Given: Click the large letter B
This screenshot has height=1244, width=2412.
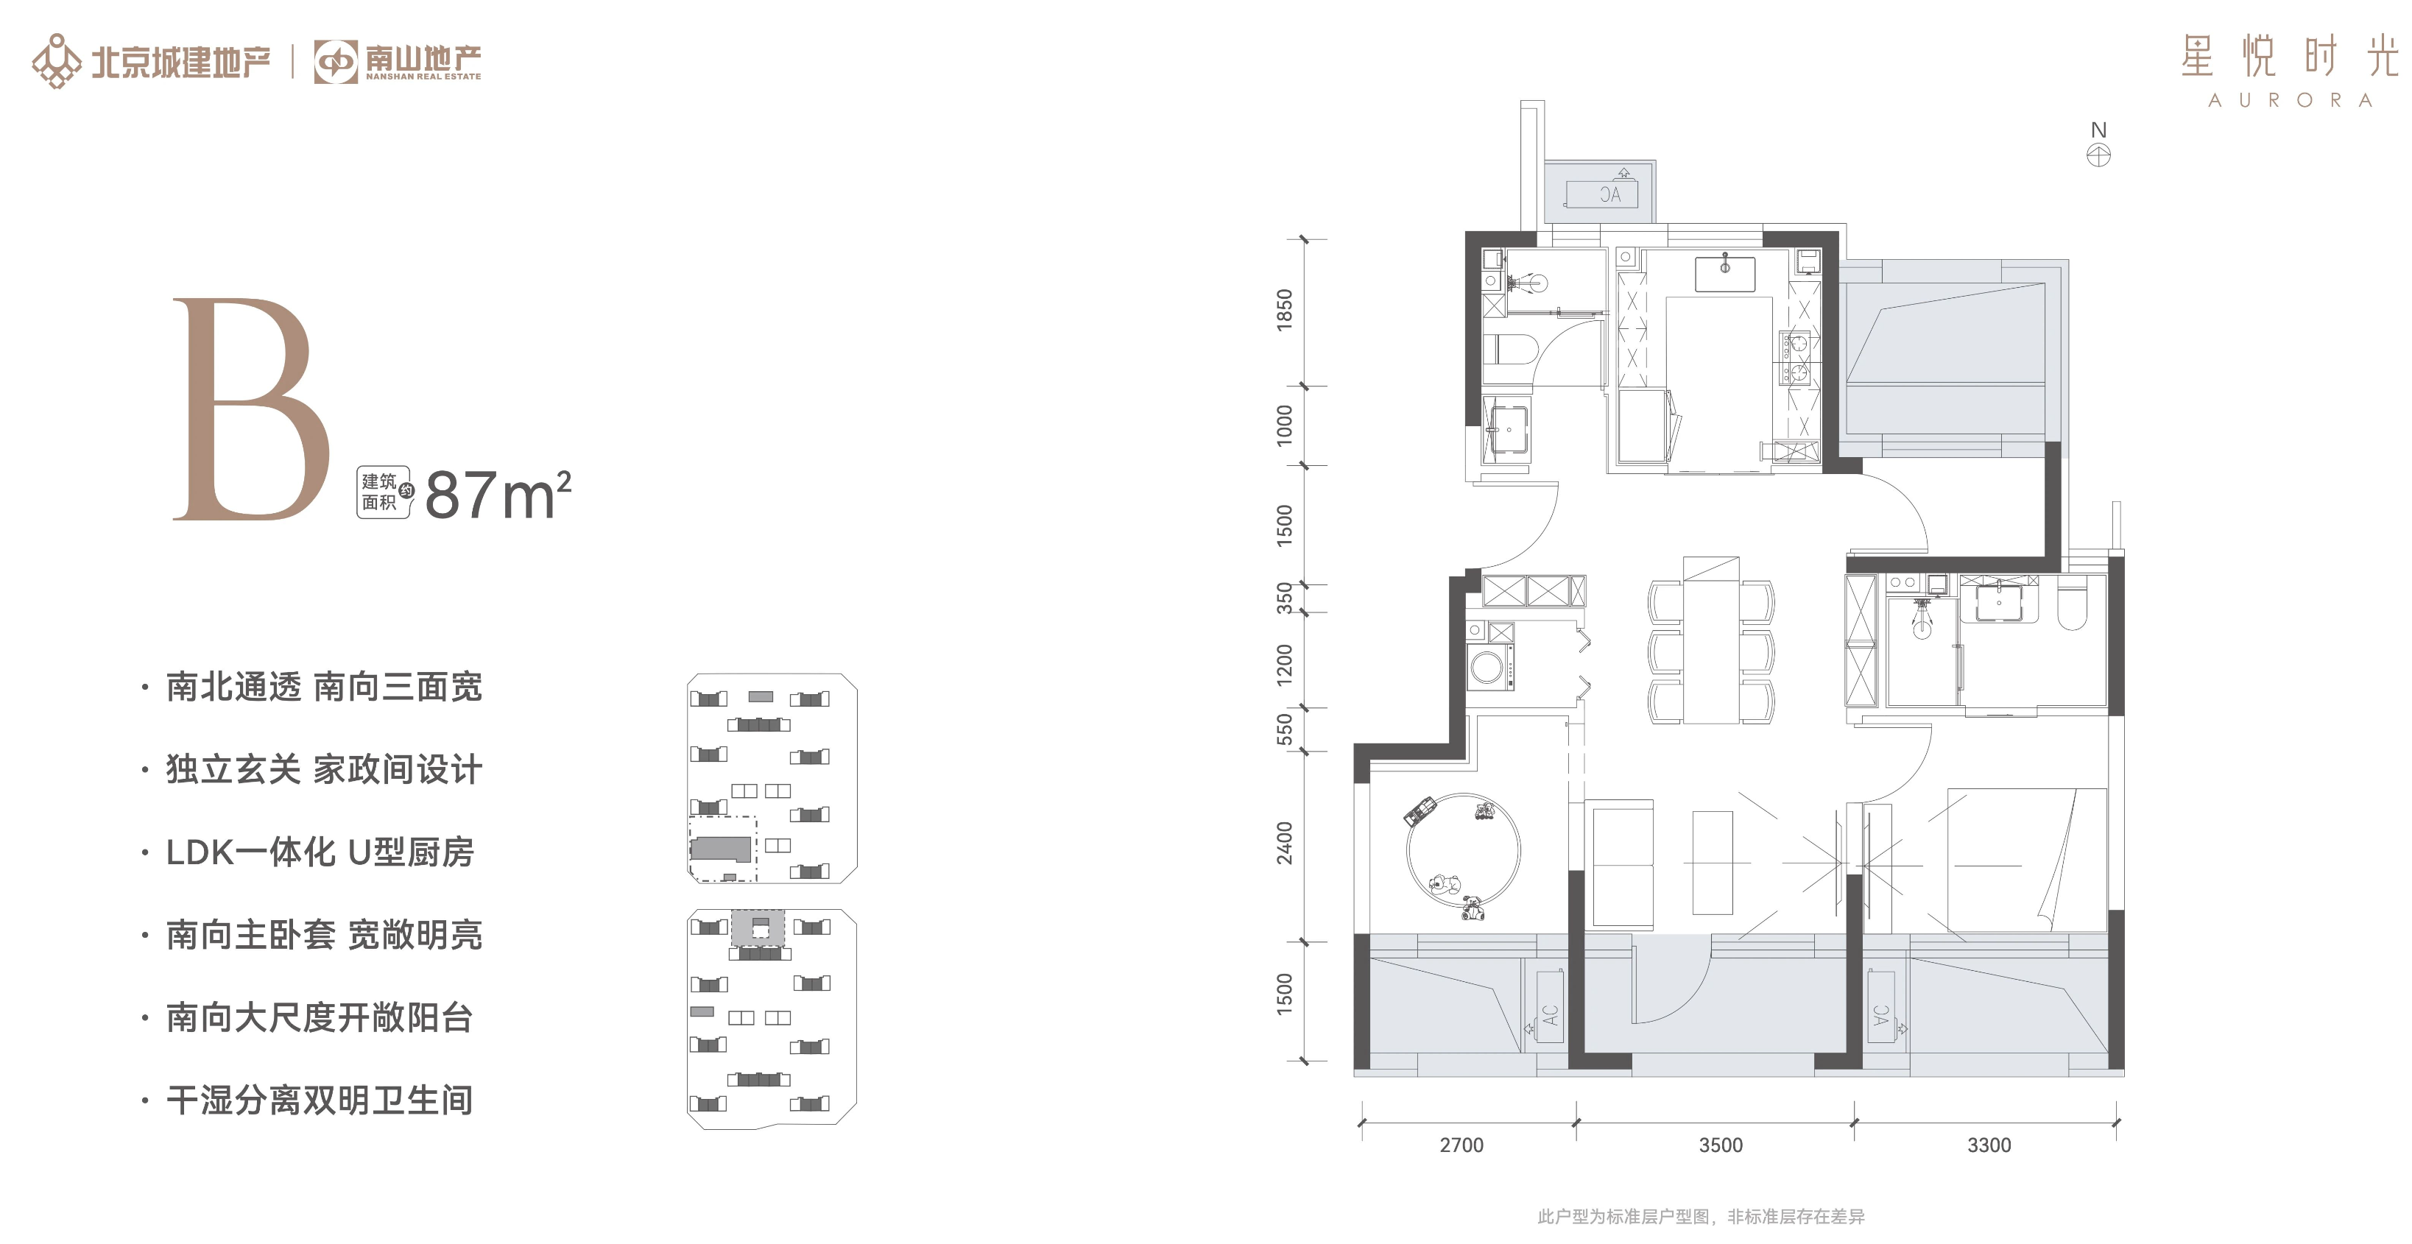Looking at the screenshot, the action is (251, 409).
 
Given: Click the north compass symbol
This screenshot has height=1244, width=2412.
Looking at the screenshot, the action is (2098, 155).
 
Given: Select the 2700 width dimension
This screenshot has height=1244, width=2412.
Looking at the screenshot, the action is (1461, 1145).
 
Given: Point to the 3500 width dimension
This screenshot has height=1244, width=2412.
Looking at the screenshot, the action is (1721, 1145).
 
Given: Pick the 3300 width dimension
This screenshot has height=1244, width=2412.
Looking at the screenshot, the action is (1989, 1145).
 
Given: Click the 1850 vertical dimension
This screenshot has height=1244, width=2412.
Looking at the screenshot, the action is (1285, 309).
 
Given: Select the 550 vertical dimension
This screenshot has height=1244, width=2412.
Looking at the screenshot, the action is (1285, 729).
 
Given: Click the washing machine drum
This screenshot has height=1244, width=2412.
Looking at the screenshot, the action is (1488, 668).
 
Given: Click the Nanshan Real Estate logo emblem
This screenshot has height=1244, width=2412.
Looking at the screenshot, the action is (335, 62).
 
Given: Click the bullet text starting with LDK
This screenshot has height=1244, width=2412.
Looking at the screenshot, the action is (320, 852).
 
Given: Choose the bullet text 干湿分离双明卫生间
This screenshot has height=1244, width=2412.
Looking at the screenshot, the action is (320, 1100).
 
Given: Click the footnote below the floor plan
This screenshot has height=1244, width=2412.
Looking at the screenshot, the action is (1702, 1216).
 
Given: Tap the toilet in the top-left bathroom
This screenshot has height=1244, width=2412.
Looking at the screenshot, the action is (1512, 350).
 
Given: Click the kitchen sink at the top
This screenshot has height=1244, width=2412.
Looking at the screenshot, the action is (1725, 272).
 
